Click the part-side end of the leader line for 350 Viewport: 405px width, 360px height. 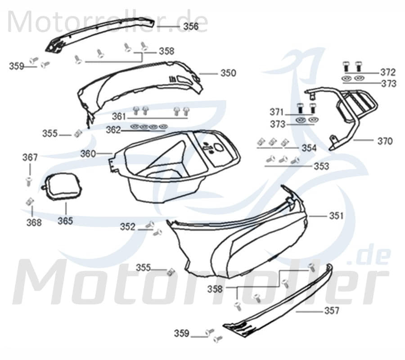199,74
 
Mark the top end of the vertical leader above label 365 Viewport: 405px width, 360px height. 66,203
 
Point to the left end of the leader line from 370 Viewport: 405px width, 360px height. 353,140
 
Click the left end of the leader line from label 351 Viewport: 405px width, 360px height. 309,216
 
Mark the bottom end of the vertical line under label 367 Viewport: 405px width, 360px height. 30,175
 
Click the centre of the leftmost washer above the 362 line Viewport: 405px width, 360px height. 135,126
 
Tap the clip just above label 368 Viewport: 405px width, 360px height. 30,201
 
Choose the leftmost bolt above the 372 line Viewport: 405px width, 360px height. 346,66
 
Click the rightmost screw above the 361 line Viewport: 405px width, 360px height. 185,111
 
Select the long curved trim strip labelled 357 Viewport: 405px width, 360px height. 278,301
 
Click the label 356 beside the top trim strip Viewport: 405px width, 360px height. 191,26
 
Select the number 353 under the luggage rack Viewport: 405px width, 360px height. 321,166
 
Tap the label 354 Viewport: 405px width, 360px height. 309,148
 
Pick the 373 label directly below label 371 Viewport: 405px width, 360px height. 278,124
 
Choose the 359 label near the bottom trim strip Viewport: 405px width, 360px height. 182,333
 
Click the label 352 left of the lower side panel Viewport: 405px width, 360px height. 128,227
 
